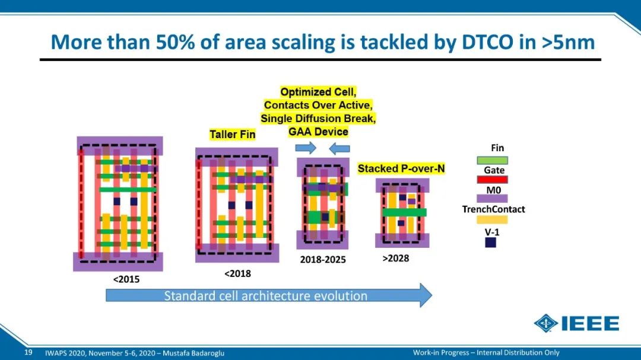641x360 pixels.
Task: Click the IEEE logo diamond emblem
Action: tap(546, 323)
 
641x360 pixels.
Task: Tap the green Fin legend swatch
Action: tap(492, 160)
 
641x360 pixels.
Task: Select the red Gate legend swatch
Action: tap(492, 179)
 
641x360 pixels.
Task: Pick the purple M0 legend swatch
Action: tap(492, 199)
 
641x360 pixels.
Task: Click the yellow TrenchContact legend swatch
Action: tap(492, 219)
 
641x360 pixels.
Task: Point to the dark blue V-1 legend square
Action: tap(491, 243)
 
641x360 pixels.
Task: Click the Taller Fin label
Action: tap(232, 135)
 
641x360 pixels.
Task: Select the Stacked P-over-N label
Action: tap(401, 168)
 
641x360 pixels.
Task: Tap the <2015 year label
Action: tap(126, 279)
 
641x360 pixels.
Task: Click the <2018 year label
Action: tap(237, 273)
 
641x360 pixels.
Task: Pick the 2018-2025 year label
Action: tap(323, 260)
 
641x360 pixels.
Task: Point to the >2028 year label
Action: tap(396, 258)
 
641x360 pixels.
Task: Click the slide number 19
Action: tap(28, 352)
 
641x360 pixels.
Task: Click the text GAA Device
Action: tap(318, 132)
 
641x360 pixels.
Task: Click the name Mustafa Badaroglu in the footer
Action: tap(193, 353)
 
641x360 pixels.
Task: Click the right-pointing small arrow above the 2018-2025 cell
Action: tap(306, 148)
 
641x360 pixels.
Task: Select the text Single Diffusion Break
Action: tap(318, 119)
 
